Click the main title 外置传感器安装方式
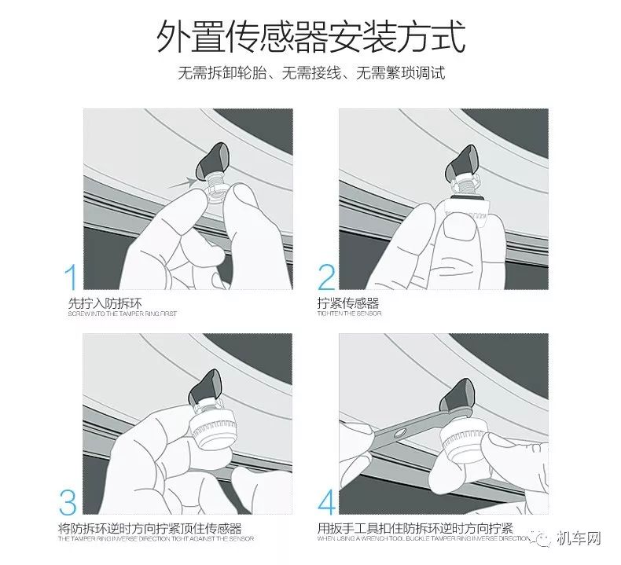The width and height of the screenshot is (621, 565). [310, 38]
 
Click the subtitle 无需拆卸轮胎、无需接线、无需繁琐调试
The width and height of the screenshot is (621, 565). [310, 74]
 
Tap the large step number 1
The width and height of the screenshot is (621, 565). [71, 279]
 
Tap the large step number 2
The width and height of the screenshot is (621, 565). [327, 279]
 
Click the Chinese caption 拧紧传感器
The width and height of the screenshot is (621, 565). [349, 303]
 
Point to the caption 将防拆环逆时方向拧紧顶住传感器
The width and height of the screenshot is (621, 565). [149, 527]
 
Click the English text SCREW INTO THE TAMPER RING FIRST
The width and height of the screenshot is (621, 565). [123, 314]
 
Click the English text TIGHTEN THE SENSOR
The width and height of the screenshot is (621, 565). [349, 314]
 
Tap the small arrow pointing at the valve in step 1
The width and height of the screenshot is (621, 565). [185, 183]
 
